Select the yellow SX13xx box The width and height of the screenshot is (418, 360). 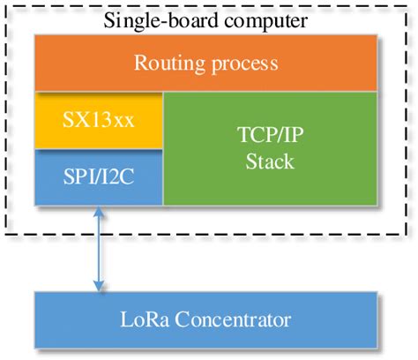pos(98,120)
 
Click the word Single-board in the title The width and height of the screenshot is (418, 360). pos(152,19)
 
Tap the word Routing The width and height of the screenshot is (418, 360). pos(167,64)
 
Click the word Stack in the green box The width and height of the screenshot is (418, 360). pos(271,162)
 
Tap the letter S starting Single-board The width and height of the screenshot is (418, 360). pos(109,19)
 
